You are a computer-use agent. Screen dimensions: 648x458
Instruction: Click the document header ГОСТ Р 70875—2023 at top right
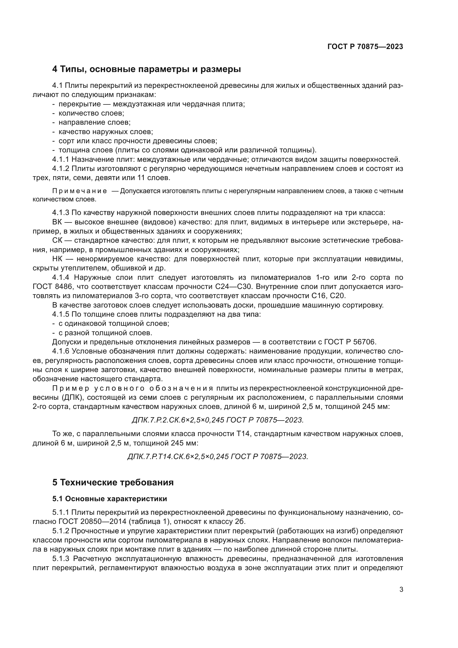(x=365, y=47)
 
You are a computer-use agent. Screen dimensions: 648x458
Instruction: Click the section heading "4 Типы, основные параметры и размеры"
(x=146, y=69)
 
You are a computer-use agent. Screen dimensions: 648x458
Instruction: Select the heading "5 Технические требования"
(x=113, y=482)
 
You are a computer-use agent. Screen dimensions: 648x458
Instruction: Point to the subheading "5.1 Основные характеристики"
(x=109, y=499)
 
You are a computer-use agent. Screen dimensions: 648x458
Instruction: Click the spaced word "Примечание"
(x=80, y=191)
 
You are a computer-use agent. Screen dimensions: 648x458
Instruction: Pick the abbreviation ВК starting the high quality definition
(x=57, y=222)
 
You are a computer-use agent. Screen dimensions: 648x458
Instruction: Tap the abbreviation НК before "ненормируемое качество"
(x=57, y=259)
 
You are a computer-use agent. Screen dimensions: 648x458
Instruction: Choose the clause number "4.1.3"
(x=61, y=213)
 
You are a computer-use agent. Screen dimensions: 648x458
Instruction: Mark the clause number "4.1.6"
(x=61, y=351)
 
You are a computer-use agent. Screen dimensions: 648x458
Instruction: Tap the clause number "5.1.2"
(x=61, y=531)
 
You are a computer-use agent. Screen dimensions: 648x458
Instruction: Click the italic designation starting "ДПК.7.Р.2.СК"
(x=217, y=420)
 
